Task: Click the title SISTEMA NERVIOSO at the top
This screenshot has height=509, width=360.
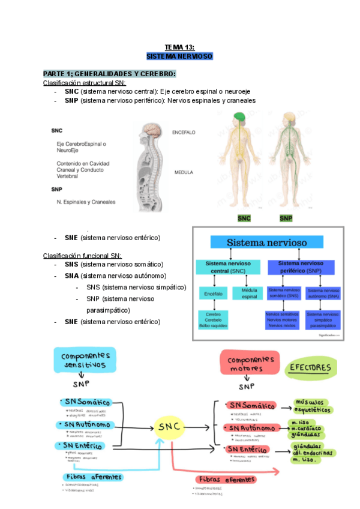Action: [x=179, y=56]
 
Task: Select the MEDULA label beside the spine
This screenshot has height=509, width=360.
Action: [x=183, y=172]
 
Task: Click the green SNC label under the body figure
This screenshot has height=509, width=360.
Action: [x=244, y=218]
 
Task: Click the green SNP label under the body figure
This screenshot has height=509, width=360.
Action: [x=286, y=218]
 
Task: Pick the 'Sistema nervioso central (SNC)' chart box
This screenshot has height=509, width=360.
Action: [x=227, y=268]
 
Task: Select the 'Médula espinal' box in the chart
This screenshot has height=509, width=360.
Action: [x=248, y=294]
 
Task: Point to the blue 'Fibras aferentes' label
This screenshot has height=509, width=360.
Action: [x=93, y=477]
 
